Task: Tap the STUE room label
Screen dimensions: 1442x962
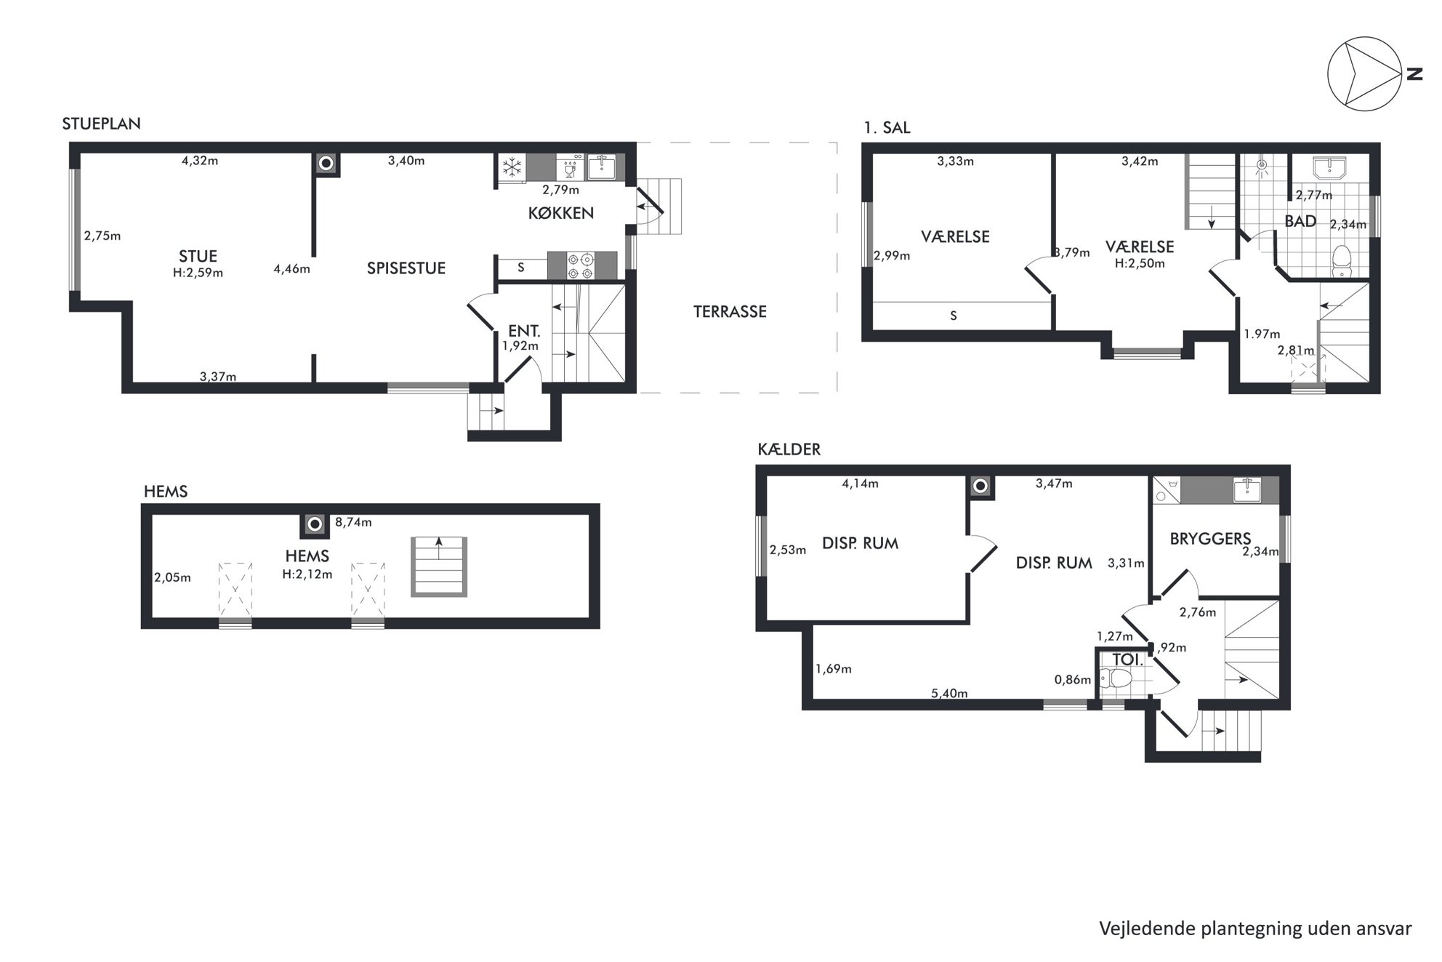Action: [x=198, y=256]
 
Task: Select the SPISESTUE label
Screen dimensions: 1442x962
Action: [x=406, y=268]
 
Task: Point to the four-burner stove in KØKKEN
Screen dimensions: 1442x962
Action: [x=582, y=265]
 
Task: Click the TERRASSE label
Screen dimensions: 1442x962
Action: [x=730, y=311]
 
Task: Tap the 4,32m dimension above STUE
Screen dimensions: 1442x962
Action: [x=200, y=161]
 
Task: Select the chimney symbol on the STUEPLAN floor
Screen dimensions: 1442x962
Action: [x=326, y=164]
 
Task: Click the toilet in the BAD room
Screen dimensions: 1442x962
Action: [x=1342, y=261]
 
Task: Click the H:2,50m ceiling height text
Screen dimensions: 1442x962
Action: [x=1140, y=263]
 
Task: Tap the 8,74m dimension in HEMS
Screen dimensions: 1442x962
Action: [x=353, y=522]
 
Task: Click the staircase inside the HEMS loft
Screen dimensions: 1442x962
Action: [x=439, y=566]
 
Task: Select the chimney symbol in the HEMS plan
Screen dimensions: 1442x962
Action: [x=315, y=524]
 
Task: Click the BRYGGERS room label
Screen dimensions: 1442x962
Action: [x=1210, y=539]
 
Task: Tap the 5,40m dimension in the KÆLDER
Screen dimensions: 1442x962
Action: [x=949, y=693]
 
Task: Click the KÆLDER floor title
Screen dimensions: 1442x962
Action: [x=789, y=449]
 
